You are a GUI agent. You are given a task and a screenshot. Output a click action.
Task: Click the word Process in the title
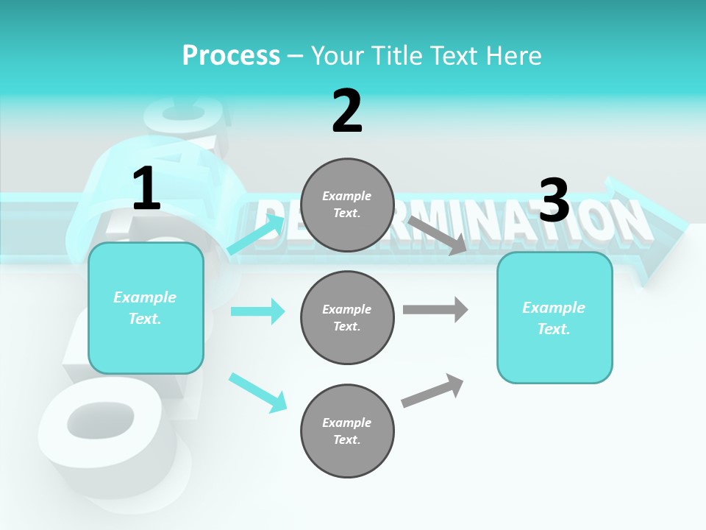pos(231,56)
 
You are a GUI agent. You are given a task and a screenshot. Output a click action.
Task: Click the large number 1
pos(146,189)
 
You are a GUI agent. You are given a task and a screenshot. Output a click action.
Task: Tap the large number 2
pos(347,111)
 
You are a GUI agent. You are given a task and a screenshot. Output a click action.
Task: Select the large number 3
pos(555,200)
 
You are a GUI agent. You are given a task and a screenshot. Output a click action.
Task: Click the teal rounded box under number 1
pos(146,308)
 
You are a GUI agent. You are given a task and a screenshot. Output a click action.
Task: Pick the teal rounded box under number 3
pos(555,318)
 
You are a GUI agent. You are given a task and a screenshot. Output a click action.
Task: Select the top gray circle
pos(347,205)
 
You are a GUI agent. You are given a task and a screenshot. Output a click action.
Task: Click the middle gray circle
pos(347,318)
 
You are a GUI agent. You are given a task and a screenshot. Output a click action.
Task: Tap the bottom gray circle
pos(347,431)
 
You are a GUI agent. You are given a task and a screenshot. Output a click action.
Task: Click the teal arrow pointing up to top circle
pos(256,235)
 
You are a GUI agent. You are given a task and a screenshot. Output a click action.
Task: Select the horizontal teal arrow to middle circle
pos(257,311)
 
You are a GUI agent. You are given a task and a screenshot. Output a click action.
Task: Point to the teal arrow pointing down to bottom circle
pos(257,392)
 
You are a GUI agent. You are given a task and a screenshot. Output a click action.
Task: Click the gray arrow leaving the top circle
pos(438,235)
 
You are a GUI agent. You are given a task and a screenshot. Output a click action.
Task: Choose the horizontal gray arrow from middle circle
pos(435,309)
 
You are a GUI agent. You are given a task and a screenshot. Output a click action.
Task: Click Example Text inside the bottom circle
pos(346,431)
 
